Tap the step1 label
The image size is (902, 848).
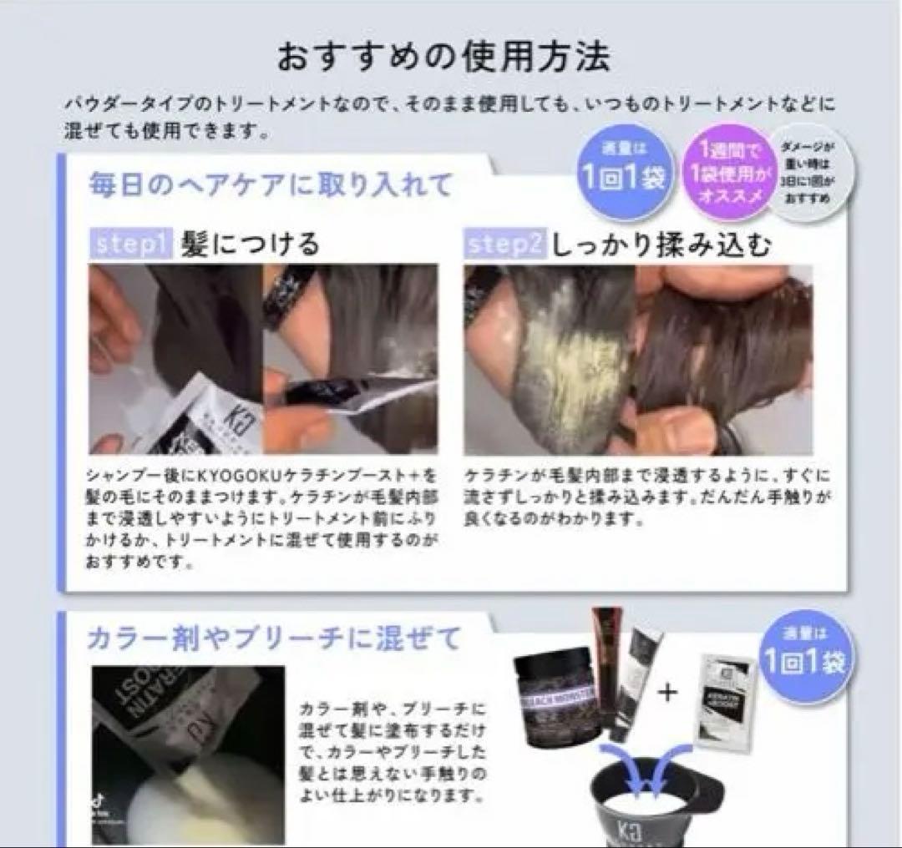pyautogui.click(x=130, y=244)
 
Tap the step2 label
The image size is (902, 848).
pyautogui.click(x=507, y=244)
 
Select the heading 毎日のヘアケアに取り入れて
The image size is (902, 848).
pyautogui.click(x=271, y=184)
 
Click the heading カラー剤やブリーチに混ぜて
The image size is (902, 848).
pyautogui.click(x=274, y=639)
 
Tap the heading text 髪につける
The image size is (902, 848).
pyautogui.click(x=251, y=244)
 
